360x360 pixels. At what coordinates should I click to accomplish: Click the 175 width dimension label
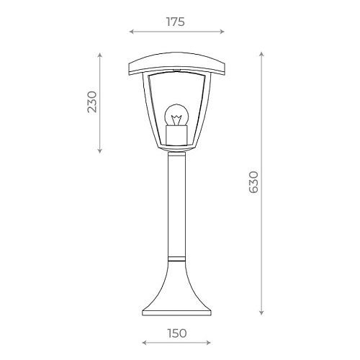click(176, 22)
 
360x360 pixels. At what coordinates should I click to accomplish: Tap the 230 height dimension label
click(92, 102)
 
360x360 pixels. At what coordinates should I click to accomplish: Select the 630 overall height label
click(253, 182)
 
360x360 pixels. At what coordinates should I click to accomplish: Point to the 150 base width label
click(177, 333)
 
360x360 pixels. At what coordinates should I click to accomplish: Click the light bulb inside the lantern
click(176, 115)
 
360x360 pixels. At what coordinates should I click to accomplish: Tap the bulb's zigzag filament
click(176, 120)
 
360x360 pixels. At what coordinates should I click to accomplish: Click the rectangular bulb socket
click(176, 135)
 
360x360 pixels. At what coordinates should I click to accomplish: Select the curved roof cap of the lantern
click(177, 63)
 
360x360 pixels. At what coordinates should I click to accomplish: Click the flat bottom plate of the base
click(176, 313)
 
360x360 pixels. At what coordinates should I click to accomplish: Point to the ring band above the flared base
click(176, 258)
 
